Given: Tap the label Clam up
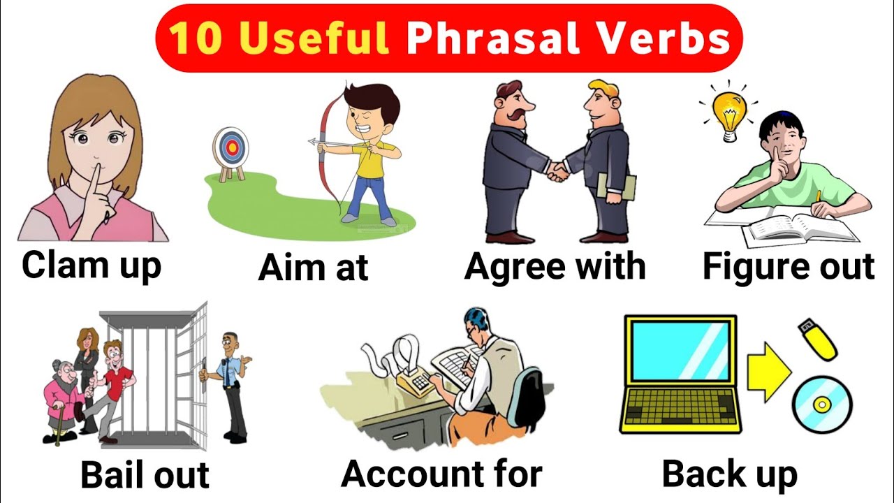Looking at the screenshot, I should pyautogui.click(x=91, y=265).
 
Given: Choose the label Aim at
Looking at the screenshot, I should pyautogui.click(x=313, y=268).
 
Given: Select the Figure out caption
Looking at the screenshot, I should pyautogui.click(x=789, y=266).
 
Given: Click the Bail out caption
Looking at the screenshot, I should pyautogui.click(x=145, y=474).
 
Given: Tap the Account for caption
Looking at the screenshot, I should pyautogui.click(x=441, y=474).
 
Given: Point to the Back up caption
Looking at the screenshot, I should pyautogui.click(x=729, y=474).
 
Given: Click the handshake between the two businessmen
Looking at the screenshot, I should pyautogui.click(x=557, y=170).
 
